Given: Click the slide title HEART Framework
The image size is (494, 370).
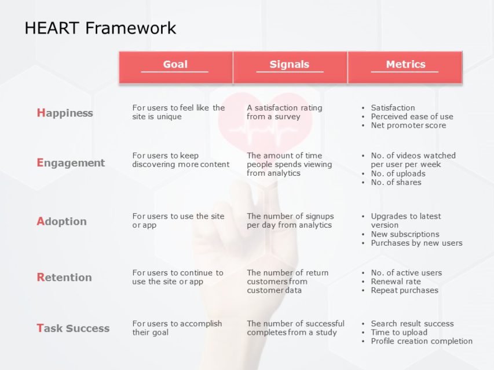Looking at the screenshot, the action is [100, 28].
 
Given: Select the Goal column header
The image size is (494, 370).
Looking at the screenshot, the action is [175, 64].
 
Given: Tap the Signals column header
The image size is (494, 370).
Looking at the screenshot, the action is [289, 64].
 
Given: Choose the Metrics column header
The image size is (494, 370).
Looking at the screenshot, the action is [406, 64].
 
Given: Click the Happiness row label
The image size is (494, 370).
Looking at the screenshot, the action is [65, 113].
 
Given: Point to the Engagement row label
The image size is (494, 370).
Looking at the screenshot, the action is [71, 163].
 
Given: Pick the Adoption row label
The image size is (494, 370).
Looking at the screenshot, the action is [62, 221].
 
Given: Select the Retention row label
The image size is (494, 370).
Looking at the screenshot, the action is [64, 277].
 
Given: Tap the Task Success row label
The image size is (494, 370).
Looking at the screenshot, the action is [73, 328].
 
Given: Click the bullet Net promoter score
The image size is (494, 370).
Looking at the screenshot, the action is [408, 125].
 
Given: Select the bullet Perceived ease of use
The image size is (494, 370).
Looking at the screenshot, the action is [412, 116].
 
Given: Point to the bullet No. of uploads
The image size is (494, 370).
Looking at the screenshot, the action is [398, 173].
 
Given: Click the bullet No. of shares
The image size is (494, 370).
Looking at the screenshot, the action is [396, 183].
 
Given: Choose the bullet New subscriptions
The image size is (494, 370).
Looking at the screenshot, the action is [405, 234].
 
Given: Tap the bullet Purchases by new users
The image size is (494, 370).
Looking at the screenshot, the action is [416, 243].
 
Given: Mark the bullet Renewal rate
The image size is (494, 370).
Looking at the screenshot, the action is [396, 282].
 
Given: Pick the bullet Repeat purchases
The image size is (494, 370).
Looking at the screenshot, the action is [405, 290].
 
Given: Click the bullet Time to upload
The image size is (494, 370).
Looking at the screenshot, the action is [399, 332].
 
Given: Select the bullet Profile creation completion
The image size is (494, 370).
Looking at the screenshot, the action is [422, 341].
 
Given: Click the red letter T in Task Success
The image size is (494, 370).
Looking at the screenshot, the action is [40, 328].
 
